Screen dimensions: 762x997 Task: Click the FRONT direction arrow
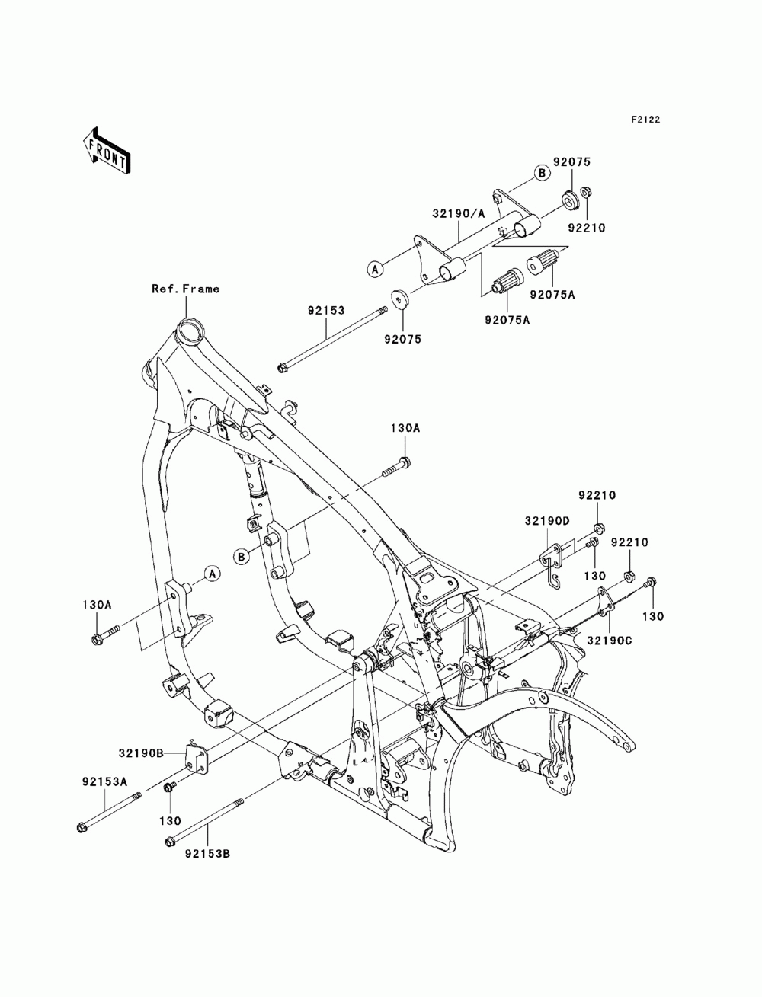(107, 152)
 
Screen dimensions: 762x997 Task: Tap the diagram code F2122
(645, 120)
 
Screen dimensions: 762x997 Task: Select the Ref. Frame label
(185, 289)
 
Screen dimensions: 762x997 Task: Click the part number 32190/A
(459, 213)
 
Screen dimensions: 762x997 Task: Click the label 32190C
(610, 641)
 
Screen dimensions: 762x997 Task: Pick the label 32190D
(547, 521)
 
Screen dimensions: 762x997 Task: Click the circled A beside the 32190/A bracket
(375, 269)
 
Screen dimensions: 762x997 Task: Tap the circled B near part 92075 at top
(542, 173)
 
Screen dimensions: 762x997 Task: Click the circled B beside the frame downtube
(242, 557)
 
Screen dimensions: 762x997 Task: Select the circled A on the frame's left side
(212, 574)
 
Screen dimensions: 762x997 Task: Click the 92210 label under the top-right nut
(587, 228)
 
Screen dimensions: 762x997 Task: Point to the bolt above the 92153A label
(109, 810)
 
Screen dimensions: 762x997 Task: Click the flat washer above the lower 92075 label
(400, 298)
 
